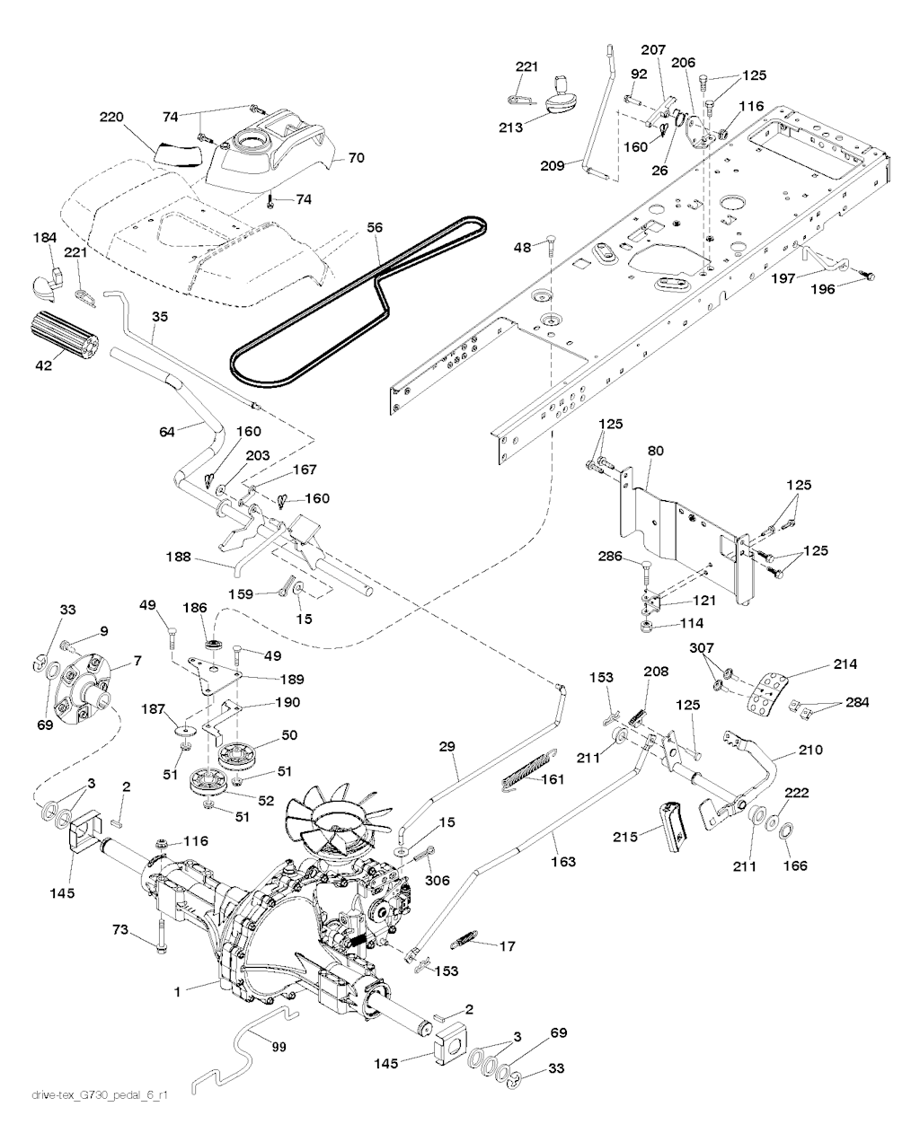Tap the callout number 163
565,862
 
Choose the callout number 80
654,452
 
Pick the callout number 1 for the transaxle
178,991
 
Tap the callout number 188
178,558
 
